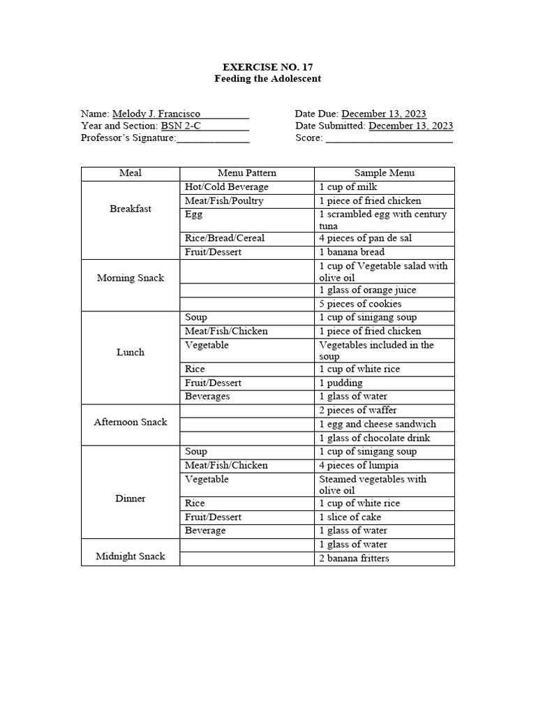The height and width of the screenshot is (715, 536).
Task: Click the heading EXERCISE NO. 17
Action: (x=268, y=67)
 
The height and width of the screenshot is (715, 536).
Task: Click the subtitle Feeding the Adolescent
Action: (x=268, y=79)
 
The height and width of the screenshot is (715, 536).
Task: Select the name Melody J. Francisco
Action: (x=156, y=114)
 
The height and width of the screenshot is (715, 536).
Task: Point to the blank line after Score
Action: (x=389, y=138)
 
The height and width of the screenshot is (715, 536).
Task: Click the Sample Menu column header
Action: (x=384, y=173)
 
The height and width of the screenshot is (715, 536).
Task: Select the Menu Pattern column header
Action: (x=247, y=173)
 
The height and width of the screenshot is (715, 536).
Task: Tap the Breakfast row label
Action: (x=131, y=209)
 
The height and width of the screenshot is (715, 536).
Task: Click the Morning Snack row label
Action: (x=131, y=278)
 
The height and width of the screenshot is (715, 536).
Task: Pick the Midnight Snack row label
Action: (x=131, y=556)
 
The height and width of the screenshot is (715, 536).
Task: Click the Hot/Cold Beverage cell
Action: (x=226, y=187)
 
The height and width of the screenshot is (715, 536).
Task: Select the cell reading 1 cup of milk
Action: (x=347, y=187)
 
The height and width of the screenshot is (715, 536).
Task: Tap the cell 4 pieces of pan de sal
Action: (x=365, y=238)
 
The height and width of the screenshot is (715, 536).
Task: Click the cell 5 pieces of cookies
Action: (x=360, y=304)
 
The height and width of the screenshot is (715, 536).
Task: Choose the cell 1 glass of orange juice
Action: (x=368, y=290)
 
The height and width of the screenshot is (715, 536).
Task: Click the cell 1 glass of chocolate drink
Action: (x=375, y=438)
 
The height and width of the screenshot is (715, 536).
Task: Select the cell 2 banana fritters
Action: (x=354, y=559)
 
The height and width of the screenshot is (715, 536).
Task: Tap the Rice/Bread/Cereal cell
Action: (x=225, y=238)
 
